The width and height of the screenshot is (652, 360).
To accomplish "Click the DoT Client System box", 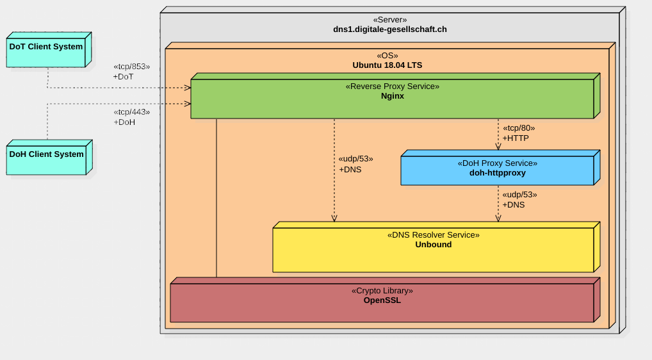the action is (x=49, y=49).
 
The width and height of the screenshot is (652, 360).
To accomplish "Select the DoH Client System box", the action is (x=49, y=157).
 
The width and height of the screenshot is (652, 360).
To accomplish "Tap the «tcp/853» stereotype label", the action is (x=132, y=67).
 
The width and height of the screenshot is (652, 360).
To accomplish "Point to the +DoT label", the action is (x=123, y=76).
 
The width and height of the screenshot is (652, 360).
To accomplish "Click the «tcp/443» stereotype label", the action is (x=132, y=112).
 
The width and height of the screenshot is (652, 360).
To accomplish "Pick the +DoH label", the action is (x=124, y=122).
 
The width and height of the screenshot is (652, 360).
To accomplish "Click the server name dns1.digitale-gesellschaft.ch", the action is (x=390, y=29).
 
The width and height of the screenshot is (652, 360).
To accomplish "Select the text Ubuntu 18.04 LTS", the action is (x=387, y=65).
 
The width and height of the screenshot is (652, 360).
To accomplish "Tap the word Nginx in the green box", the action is (x=393, y=96).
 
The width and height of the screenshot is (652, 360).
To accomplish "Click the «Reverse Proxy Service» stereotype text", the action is (x=393, y=86).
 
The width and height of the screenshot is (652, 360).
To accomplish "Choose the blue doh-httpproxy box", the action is (x=500, y=168).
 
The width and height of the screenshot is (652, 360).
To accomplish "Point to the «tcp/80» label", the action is (x=519, y=128).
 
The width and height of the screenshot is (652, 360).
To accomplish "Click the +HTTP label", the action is (x=516, y=138).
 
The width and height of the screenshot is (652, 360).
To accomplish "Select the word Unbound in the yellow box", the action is (x=434, y=245).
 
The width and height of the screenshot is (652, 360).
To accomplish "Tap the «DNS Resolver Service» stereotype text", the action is (x=434, y=235).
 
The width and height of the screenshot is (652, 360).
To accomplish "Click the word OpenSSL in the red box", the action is (x=382, y=300).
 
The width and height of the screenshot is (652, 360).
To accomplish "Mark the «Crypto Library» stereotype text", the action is (x=382, y=291).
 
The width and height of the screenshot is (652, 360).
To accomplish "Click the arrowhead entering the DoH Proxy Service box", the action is (x=498, y=147).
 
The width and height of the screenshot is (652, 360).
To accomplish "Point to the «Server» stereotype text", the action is (x=390, y=20).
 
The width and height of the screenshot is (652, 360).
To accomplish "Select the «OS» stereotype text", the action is (x=387, y=56).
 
